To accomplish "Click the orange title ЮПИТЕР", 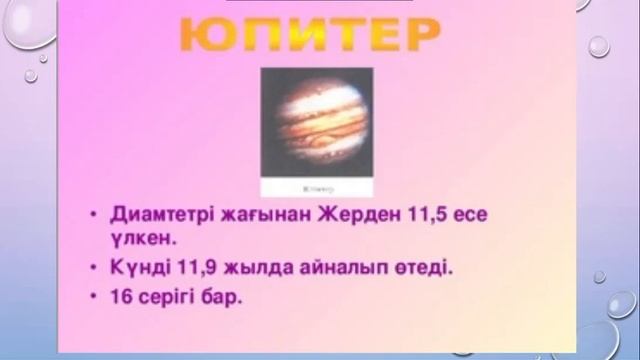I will click(311, 37).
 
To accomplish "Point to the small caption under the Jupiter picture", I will click(316, 187).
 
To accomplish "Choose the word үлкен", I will click(144, 241).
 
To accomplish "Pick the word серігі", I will click(174, 297).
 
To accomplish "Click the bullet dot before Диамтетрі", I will click(93, 215).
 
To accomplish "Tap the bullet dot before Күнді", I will click(93, 268).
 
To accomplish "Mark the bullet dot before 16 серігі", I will click(93, 296).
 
